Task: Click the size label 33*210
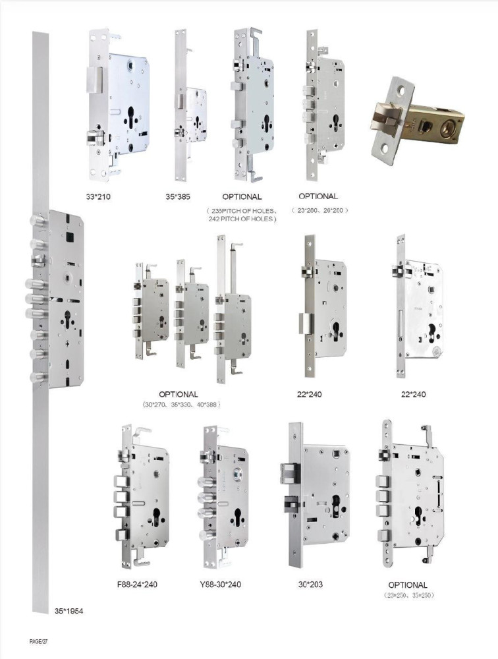pyautogui.click(x=101, y=196)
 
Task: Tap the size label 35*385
pyautogui.click(x=178, y=196)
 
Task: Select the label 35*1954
pyautogui.click(x=69, y=611)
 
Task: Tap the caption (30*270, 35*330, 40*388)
pyautogui.click(x=179, y=404)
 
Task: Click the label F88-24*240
pyautogui.click(x=137, y=584)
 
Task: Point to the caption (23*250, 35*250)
pyautogui.click(x=407, y=595)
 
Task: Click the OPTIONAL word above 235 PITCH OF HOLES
pyautogui.click(x=242, y=196)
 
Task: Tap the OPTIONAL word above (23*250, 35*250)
pyautogui.click(x=407, y=585)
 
